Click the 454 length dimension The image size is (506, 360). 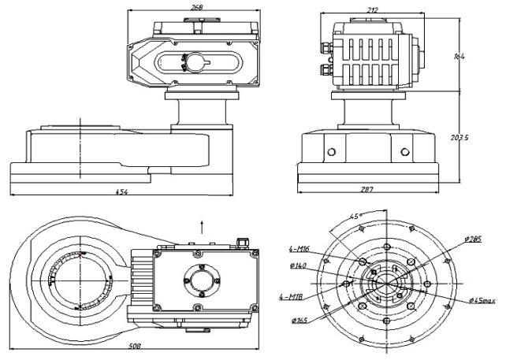pos(120,191)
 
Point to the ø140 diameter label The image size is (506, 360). pos(299,265)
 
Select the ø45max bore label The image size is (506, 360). pos(481,300)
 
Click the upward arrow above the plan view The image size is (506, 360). pos(203,225)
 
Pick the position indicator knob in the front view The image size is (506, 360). pos(192,61)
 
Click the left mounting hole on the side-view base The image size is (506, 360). pos(332,150)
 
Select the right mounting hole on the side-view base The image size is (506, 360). pos(405,150)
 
